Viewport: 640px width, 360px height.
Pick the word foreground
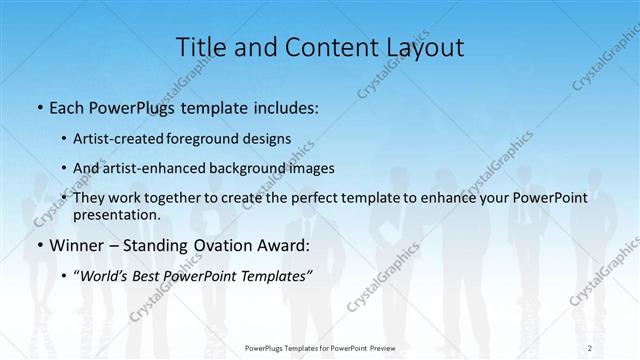point(207,139)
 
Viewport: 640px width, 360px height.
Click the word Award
point(283,245)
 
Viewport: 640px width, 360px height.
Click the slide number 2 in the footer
point(590,347)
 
